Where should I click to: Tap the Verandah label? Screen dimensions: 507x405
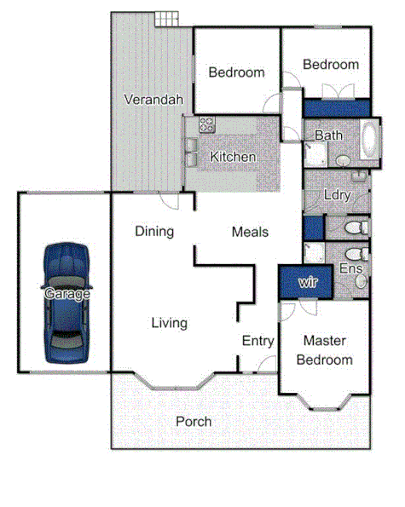[153, 100]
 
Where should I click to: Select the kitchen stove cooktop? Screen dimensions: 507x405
[206, 125]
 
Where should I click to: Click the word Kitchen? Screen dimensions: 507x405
[233, 157]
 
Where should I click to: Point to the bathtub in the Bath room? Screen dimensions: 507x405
[369, 141]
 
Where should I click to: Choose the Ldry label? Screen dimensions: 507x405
[337, 195]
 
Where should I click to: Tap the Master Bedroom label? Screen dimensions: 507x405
[324, 350]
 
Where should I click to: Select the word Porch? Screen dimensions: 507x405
[194, 422]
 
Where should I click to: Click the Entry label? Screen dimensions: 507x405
[257, 341]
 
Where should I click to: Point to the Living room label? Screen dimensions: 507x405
[169, 323]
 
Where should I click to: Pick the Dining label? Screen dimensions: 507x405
[154, 231]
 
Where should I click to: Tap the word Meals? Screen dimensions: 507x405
[250, 232]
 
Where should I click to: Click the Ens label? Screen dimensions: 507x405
[350, 268]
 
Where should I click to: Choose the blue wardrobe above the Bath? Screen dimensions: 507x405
[336, 108]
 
